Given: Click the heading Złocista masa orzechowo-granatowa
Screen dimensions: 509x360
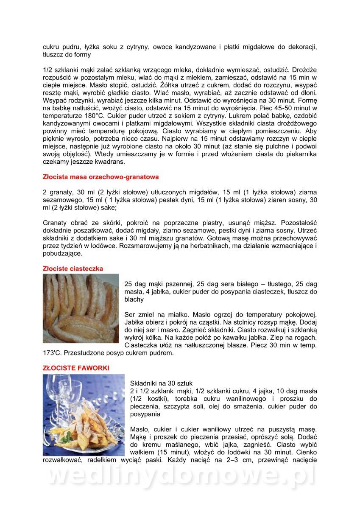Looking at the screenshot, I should point(101,176).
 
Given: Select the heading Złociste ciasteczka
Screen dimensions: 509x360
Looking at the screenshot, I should point(73,268).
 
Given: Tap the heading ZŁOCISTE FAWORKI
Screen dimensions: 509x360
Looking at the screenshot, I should point(76,368).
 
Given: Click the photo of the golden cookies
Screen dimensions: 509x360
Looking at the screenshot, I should point(81,308).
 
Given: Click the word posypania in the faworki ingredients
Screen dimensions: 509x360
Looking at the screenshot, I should point(145,414).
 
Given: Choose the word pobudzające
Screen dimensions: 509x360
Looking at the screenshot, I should point(62,254).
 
